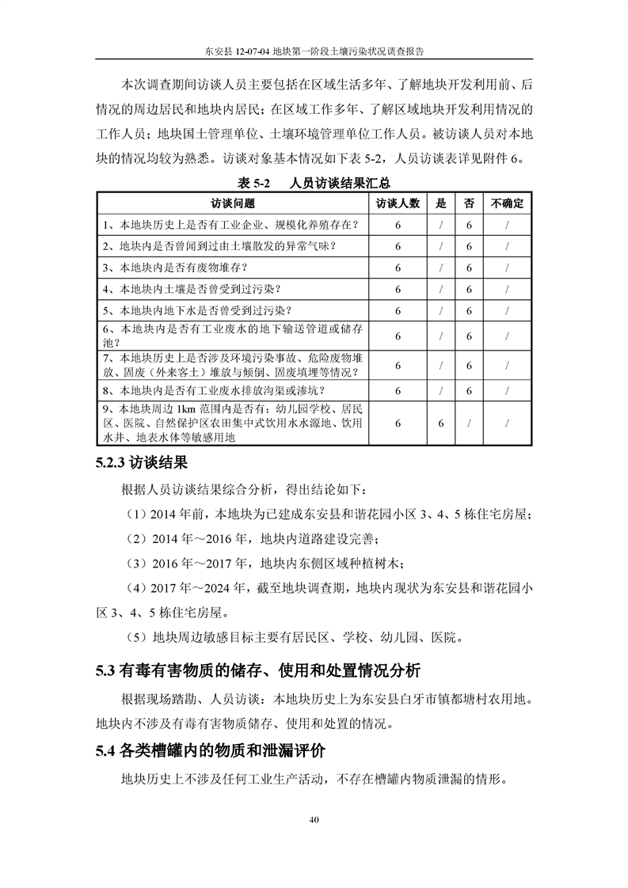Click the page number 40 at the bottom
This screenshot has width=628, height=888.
coord(314,818)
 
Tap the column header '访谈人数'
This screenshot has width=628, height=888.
coord(397,203)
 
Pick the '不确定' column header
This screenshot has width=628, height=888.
coord(507,203)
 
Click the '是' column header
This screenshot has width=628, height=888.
coord(441,203)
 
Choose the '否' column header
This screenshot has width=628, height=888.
coord(469,203)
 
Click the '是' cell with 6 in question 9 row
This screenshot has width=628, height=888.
coord(441,423)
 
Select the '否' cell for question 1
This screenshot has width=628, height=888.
coord(469,225)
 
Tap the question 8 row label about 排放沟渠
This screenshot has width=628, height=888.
coord(213,390)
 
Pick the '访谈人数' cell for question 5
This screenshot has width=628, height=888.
coord(397,310)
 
